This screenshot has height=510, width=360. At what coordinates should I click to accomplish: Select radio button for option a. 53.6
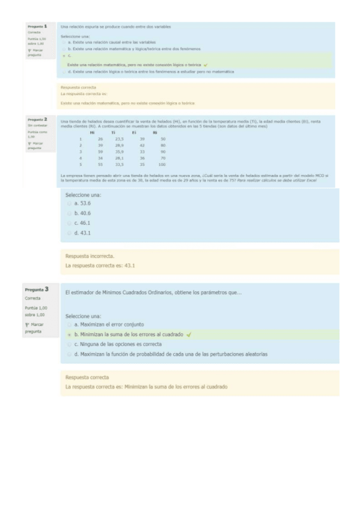click(x=69, y=203)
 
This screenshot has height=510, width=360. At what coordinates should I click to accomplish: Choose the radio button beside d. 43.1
click(x=69, y=233)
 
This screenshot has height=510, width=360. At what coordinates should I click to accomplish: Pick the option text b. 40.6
click(x=82, y=213)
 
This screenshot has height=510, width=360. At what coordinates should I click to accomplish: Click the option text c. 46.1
click(x=82, y=223)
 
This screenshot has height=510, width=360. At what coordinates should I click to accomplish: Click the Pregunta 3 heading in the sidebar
click(x=37, y=289)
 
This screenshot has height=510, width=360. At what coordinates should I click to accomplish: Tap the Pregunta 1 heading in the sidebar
click(x=37, y=26)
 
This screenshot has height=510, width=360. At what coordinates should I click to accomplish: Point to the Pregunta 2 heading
click(x=37, y=120)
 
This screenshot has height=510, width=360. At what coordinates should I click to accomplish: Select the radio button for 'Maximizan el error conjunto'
click(x=69, y=324)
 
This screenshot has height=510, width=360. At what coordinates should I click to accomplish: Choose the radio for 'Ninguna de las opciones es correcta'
click(x=69, y=344)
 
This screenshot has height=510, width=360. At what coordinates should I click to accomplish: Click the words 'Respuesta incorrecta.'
click(x=90, y=256)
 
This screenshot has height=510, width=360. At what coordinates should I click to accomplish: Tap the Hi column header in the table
click(x=92, y=132)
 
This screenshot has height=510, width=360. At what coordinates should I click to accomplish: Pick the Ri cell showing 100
click(x=162, y=164)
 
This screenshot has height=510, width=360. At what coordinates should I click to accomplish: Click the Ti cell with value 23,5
click(x=119, y=139)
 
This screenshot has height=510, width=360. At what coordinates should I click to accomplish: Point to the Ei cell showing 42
click(x=142, y=145)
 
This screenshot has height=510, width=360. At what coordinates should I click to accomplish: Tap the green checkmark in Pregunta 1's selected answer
click(x=206, y=64)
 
